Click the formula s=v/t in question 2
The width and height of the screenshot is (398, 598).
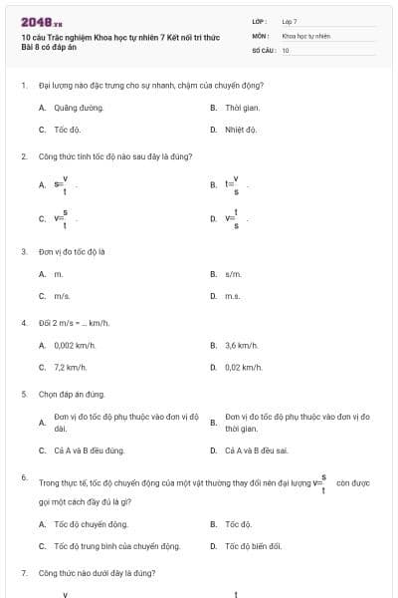61,184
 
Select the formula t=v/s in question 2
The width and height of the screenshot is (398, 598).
232,184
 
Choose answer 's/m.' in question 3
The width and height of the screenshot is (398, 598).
234,273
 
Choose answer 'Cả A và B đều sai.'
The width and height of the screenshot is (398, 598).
258,450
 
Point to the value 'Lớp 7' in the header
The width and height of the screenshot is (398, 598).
290,20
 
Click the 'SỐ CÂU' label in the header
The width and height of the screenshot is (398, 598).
262,50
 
